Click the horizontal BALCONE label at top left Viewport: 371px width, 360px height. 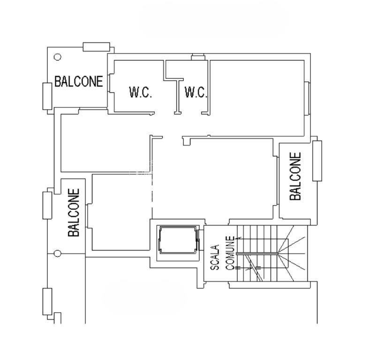[x=78, y=81]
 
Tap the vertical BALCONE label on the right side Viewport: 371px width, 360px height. [x=295, y=176]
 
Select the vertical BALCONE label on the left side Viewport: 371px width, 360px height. [x=74, y=213]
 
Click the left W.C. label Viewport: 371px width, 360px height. [x=140, y=92]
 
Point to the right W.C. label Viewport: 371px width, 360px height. [x=196, y=92]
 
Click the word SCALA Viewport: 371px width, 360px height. [x=215, y=258]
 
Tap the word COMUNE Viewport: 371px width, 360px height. [x=230, y=253]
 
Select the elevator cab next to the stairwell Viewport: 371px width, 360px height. [x=178, y=240]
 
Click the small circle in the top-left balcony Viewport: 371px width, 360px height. [x=58, y=57]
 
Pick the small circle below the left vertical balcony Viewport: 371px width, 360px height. [x=58, y=253]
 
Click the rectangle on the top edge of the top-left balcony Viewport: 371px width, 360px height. [x=96, y=47]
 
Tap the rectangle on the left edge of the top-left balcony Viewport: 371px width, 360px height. [x=47, y=96]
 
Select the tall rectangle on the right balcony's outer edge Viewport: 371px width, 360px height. [x=317, y=161]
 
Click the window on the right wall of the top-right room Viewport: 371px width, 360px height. [x=307, y=98]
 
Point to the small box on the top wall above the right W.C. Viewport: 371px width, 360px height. [x=198, y=57]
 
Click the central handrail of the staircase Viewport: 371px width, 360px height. [x=257, y=253]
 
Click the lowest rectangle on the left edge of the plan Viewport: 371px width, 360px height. [x=47, y=301]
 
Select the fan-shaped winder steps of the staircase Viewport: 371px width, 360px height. [x=292, y=253]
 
